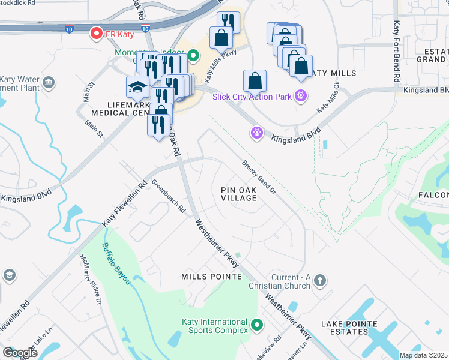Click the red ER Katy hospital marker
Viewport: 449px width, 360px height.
(x=95, y=34)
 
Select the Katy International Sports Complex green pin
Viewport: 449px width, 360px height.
(x=258, y=325)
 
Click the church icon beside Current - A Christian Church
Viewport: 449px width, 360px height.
(x=321, y=280)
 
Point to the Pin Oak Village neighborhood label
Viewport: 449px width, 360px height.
(x=239, y=193)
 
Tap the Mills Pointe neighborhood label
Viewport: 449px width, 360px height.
(x=211, y=276)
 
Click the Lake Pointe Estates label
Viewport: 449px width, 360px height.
(x=349, y=328)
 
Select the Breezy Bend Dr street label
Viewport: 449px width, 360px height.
(x=259, y=177)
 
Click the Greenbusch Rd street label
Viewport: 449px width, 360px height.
(x=169, y=197)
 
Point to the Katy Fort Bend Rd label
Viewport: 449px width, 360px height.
(x=396, y=51)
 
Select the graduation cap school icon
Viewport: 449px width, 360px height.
(x=138, y=87)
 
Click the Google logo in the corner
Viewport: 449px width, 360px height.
(x=20, y=353)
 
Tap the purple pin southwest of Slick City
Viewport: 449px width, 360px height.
(x=258, y=131)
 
